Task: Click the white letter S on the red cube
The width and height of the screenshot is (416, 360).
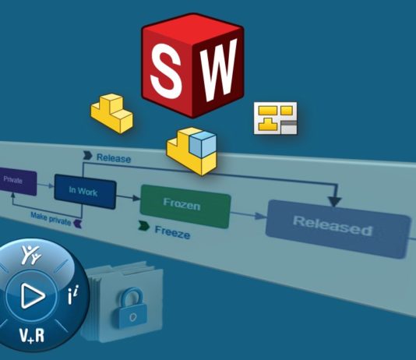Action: (x=166, y=70)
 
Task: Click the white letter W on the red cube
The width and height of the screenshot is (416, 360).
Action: (x=217, y=70)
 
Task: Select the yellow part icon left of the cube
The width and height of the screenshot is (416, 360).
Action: (x=112, y=113)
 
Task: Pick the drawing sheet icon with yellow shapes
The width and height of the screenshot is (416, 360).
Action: (x=276, y=118)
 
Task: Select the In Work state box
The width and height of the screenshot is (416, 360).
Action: (x=85, y=191)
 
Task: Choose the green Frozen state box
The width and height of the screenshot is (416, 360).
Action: (x=185, y=206)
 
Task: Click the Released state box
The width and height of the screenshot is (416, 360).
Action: (x=338, y=229)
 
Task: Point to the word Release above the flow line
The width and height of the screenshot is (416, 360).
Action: (x=114, y=158)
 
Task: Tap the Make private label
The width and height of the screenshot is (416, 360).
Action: (x=51, y=218)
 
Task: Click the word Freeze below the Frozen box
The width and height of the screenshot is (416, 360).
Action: (x=172, y=232)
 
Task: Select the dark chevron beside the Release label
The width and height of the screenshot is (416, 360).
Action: (x=87, y=156)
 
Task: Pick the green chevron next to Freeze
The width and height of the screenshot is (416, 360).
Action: (x=143, y=226)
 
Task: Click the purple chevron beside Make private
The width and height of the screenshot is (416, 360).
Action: (x=77, y=224)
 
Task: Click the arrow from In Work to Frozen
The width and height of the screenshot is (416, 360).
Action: (x=129, y=197)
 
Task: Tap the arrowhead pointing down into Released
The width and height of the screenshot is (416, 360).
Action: (x=334, y=201)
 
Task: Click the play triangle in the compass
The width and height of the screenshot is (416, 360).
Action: (x=33, y=295)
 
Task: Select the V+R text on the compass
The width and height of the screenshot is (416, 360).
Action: (x=32, y=336)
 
